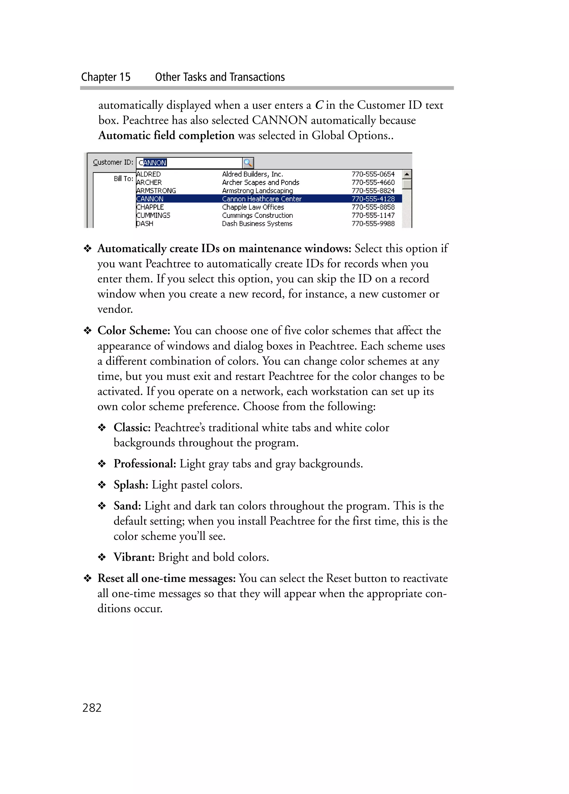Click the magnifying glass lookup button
[248, 162]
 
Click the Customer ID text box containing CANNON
[189, 162]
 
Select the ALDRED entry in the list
[148, 174]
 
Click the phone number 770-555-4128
[373, 199]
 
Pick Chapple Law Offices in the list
[253, 207]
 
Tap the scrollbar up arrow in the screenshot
[406, 174]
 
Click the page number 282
[92, 708]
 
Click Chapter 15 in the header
[106, 77]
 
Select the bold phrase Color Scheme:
[134, 330]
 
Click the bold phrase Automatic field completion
[166, 136]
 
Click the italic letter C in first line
[319, 105]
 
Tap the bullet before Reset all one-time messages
[88, 578]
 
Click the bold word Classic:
[132, 427]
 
